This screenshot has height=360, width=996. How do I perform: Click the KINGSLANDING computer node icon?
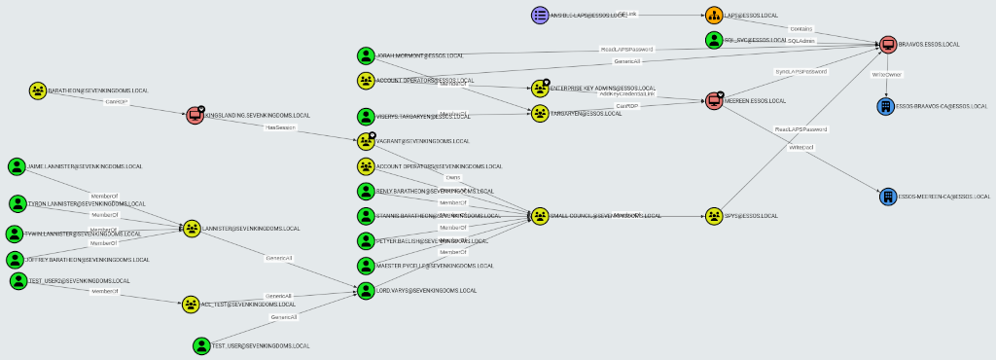pyautogui.click(x=195, y=116)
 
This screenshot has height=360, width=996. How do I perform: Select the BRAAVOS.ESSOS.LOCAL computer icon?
pyautogui.click(x=887, y=44)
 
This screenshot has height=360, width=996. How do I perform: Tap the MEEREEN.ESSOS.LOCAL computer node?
pyautogui.click(x=716, y=100)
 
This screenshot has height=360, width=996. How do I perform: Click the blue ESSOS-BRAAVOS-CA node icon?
pyautogui.click(x=885, y=105)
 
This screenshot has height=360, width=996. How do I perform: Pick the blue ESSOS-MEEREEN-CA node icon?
pyautogui.click(x=887, y=197)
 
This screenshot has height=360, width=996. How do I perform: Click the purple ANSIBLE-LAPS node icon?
pyautogui.click(x=541, y=15)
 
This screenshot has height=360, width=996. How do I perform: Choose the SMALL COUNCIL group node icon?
pyautogui.click(x=541, y=215)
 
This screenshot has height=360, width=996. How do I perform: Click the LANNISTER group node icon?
pyautogui.click(x=193, y=229)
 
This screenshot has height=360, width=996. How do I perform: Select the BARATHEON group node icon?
pyautogui.click(x=37, y=90)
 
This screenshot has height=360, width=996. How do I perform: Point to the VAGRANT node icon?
pyautogui.click(x=366, y=141)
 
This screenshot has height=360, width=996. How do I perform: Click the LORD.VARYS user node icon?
pyautogui.click(x=366, y=290)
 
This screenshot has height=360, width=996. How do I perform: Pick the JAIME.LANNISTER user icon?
pyautogui.click(x=16, y=167)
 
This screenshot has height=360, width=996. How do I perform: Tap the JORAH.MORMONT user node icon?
pyautogui.click(x=366, y=56)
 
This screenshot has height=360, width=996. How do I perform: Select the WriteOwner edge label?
pyautogui.click(x=886, y=74)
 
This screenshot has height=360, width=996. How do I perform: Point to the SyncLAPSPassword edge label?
pyautogui.click(x=800, y=71)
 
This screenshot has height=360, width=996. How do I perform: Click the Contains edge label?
pyautogui.click(x=800, y=29)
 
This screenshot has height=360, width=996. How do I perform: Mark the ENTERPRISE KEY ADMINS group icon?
pyautogui.click(x=541, y=89)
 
